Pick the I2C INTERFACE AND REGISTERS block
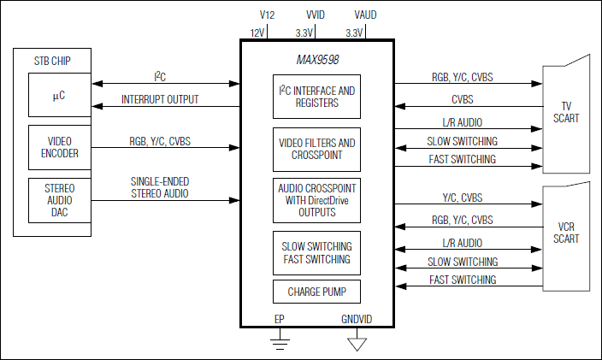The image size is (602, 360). (x=316, y=96)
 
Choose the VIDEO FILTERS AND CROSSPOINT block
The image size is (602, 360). (x=316, y=149)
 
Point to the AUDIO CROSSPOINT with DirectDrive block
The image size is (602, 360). (x=316, y=199)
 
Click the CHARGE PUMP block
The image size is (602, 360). (x=316, y=292)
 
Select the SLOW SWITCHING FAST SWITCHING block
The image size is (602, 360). (x=316, y=253)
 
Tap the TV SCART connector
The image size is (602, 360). (x=566, y=111)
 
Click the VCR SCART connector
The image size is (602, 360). (x=566, y=232)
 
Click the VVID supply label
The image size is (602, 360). (x=316, y=15)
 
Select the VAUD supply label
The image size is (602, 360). (x=364, y=15)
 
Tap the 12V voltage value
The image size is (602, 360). (x=257, y=32)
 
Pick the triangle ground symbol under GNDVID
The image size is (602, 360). (x=357, y=344)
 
